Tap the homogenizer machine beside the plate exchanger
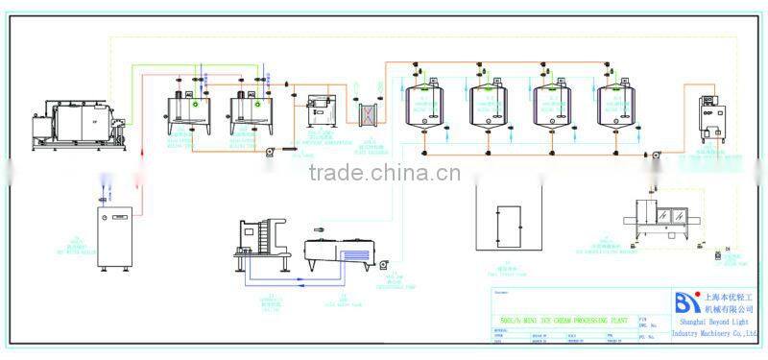(x=320, y=112)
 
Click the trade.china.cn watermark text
(x=384, y=174)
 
